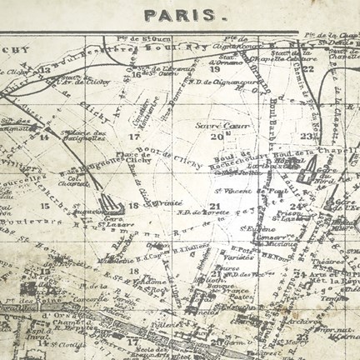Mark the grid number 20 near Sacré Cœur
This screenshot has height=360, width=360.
(217, 135)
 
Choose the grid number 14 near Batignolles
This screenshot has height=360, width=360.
(44, 136)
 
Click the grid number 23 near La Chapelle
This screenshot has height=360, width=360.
(307, 135)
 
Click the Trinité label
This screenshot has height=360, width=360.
(170, 202)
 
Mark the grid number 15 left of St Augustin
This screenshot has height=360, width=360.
(45, 205)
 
